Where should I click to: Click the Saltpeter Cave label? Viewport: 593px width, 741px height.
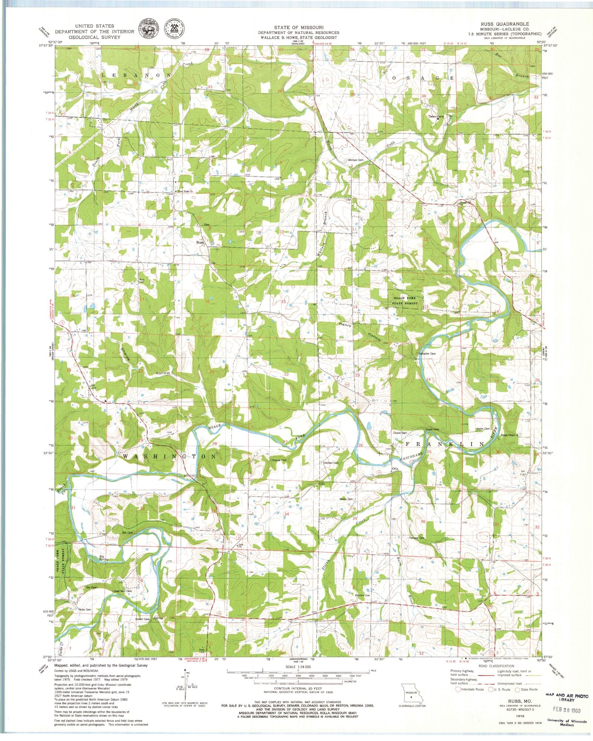427,353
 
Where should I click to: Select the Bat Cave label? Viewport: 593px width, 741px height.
127,532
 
